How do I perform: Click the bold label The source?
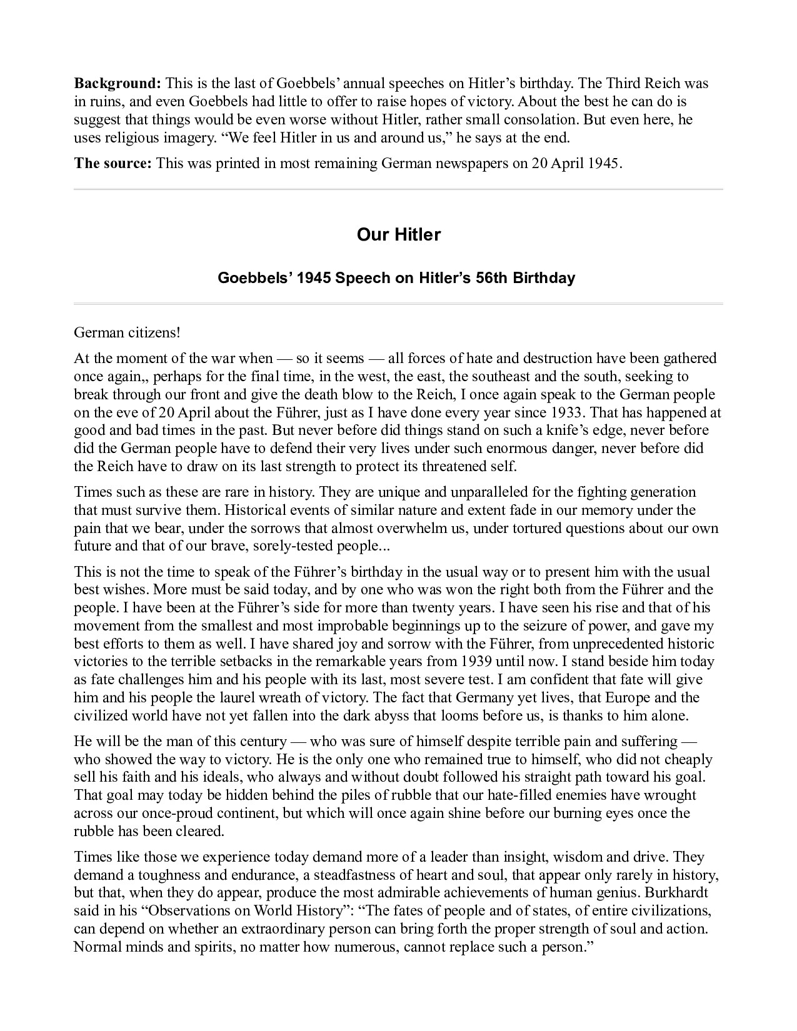113,163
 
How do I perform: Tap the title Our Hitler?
398,235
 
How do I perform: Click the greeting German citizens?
127,332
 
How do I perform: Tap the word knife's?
592,431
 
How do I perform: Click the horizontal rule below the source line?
398,189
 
